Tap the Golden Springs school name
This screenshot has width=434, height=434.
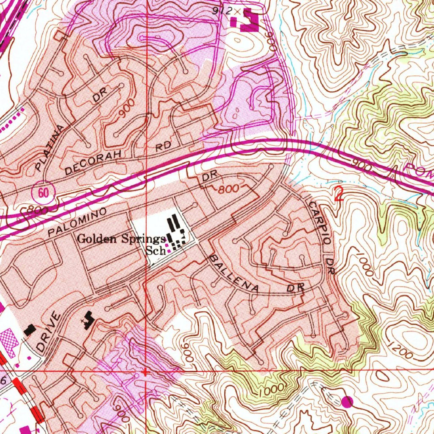tap(121, 239)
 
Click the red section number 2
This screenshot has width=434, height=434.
tap(339, 194)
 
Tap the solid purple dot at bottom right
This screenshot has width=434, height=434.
tap(347, 400)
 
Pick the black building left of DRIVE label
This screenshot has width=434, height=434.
tap(30, 329)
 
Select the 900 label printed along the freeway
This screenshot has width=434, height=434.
tap(360, 165)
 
